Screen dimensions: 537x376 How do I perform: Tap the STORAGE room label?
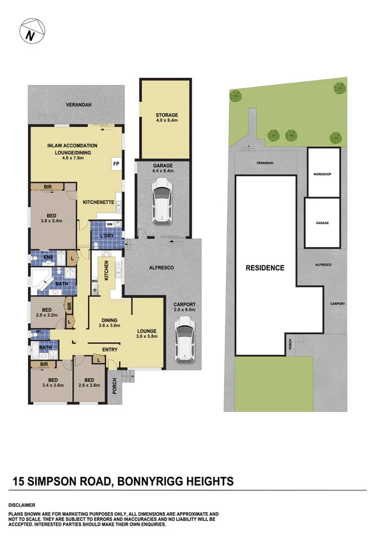point(166,115)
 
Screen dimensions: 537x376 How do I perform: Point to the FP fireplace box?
point(116,164)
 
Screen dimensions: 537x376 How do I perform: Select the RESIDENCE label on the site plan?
point(265,268)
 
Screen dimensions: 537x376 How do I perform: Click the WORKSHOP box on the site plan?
point(323,174)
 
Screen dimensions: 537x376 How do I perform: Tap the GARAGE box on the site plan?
point(322,223)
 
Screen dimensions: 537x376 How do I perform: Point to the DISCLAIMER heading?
point(22,504)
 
